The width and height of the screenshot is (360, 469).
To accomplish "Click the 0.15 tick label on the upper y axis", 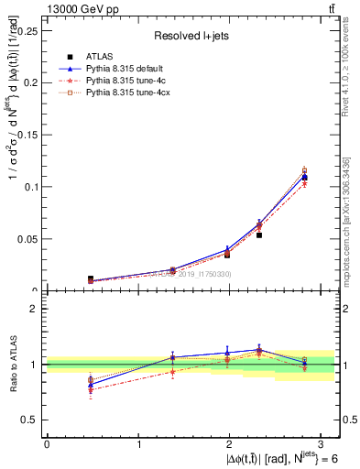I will click(29, 134).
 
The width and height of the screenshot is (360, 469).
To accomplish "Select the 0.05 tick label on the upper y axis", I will click(29, 239).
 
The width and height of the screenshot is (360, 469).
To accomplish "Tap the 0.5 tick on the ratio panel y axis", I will click(32, 420).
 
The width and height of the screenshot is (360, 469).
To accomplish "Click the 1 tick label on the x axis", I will click(137, 444).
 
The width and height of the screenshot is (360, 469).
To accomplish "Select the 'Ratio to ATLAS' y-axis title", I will click(13, 365).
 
